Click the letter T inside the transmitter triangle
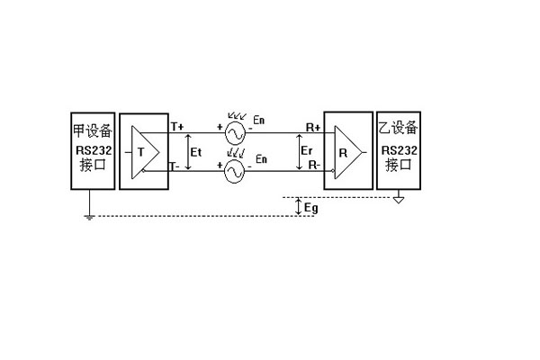pos(140,150)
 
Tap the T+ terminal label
pos(176,126)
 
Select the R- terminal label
pos(315,165)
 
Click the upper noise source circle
pos(235,134)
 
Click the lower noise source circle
pos(235,170)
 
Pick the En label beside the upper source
pos(263,119)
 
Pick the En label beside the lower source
pos(262,159)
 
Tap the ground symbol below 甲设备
pos(88,217)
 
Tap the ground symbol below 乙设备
pos(398,200)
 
